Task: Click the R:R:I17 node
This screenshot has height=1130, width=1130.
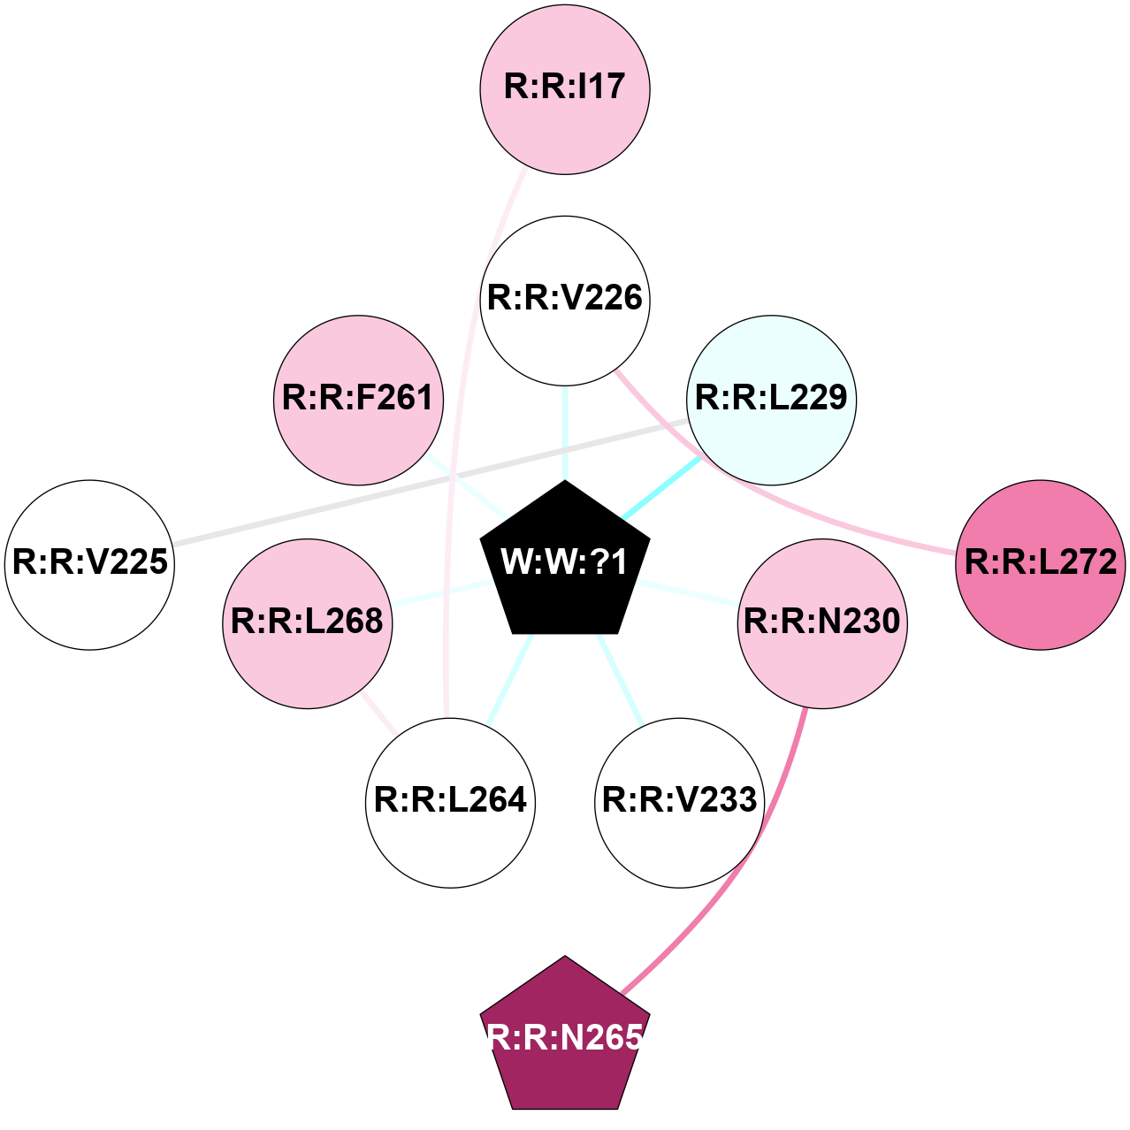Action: point(565,88)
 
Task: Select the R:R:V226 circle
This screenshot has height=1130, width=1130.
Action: point(565,300)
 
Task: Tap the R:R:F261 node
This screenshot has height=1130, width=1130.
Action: point(358,400)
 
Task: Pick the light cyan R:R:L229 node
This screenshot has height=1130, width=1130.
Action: point(771,400)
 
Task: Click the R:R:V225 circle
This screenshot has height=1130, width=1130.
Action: point(89,564)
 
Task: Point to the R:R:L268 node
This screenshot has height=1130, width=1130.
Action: point(307,623)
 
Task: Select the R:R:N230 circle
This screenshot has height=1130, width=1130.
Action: point(821,623)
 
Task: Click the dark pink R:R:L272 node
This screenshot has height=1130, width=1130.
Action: point(1040,564)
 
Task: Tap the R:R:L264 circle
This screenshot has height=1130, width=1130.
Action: point(450,802)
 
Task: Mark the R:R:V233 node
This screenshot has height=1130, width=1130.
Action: point(679,802)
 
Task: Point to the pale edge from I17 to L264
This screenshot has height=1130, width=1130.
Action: point(460,442)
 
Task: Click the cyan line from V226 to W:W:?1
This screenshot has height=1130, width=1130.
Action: point(565,433)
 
